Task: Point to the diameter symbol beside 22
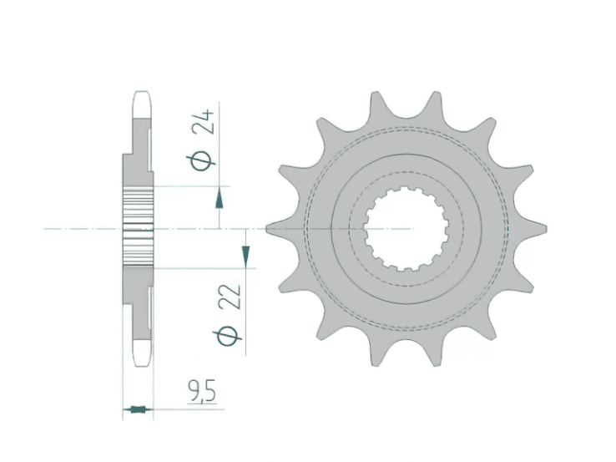(234, 336)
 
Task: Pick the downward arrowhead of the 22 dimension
(245, 255)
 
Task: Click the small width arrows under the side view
(137, 409)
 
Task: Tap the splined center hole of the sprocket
(406, 228)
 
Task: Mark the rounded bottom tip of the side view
(141, 357)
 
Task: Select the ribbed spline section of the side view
(139, 227)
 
